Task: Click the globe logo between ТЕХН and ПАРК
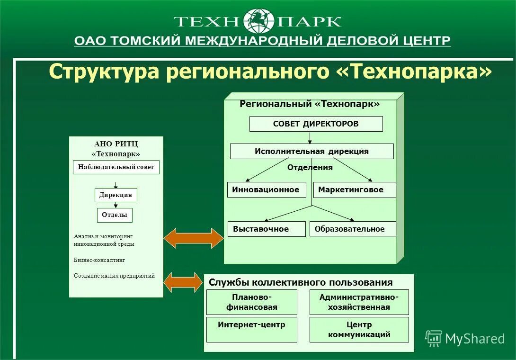[x=258, y=21]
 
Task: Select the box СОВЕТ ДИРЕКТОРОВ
[x=316, y=124]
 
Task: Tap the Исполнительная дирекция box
[x=311, y=152]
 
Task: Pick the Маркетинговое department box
[x=354, y=190]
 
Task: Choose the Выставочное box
[x=266, y=229]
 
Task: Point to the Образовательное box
[x=352, y=229]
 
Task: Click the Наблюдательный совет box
[x=116, y=167]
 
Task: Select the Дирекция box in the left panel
[x=116, y=195]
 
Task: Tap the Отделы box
[x=115, y=215]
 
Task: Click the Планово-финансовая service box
[x=251, y=302]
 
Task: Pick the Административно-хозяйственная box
[x=359, y=302]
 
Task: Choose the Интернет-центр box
[x=251, y=330]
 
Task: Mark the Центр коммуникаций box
[x=359, y=330]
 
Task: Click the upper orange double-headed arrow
[x=193, y=238]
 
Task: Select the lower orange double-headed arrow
[x=183, y=282]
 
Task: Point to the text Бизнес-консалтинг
[x=99, y=260]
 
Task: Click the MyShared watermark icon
[x=433, y=338]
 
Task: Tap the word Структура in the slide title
[x=104, y=72]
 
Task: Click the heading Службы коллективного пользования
[x=301, y=283]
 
